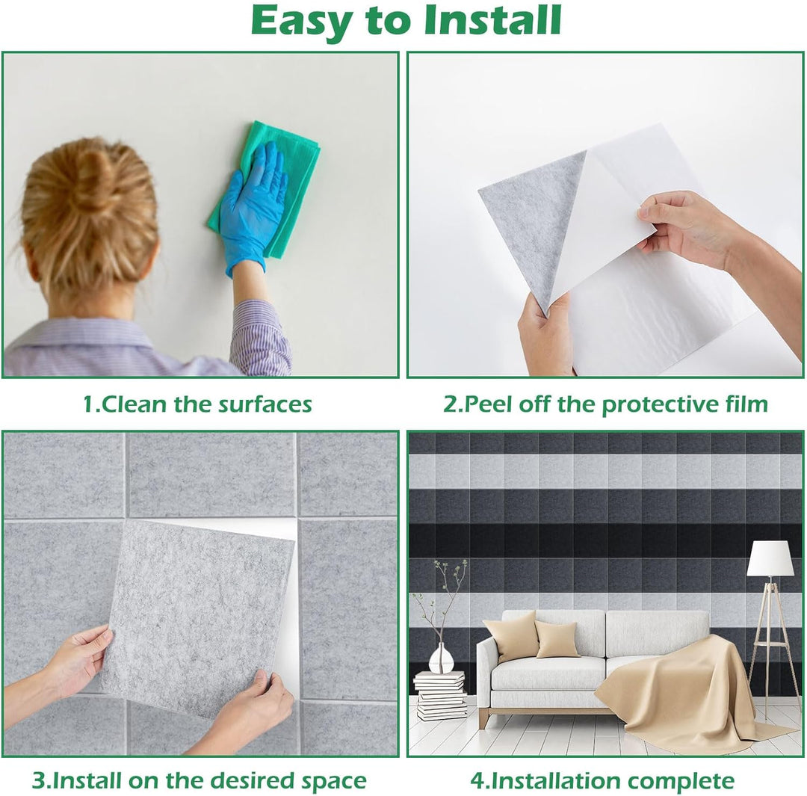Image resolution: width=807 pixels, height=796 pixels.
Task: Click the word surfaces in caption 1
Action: pyautogui.click(x=265, y=404)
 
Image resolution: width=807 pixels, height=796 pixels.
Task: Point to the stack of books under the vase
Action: pyautogui.click(x=441, y=696)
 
